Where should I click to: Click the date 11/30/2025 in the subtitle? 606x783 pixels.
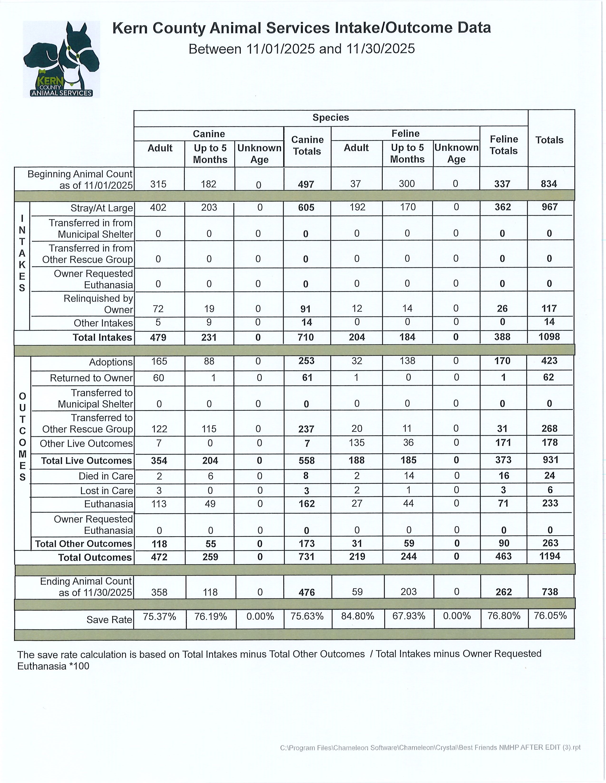pyautogui.click(x=380, y=49)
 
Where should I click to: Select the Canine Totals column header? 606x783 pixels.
pyautogui.click(x=307, y=145)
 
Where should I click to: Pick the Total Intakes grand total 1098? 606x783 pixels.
pyautogui.click(x=549, y=337)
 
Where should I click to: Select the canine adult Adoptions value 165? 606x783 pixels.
pyautogui.click(x=159, y=361)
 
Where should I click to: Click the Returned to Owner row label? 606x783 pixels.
pyautogui.click(x=91, y=378)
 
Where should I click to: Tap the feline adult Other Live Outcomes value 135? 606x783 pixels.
pyautogui.click(x=356, y=443)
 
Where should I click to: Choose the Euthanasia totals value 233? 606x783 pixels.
pyautogui.click(x=550, y=503)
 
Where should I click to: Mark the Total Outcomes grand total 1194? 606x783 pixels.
pyautogui.click(x=550, y=556)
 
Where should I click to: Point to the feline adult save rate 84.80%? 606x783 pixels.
pyautogui.click(x=358, y=616)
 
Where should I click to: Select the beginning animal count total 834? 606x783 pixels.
pyautogui.click(x=549, y=184)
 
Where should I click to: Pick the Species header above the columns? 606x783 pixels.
pyautogui.click(x=331, y=118)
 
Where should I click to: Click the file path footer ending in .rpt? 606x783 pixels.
pyautogui.click(x=430, y=747)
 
